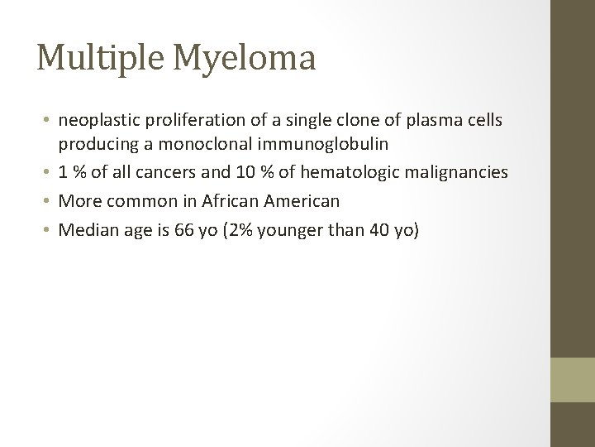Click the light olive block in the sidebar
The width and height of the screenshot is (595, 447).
click(x=573, y=380)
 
